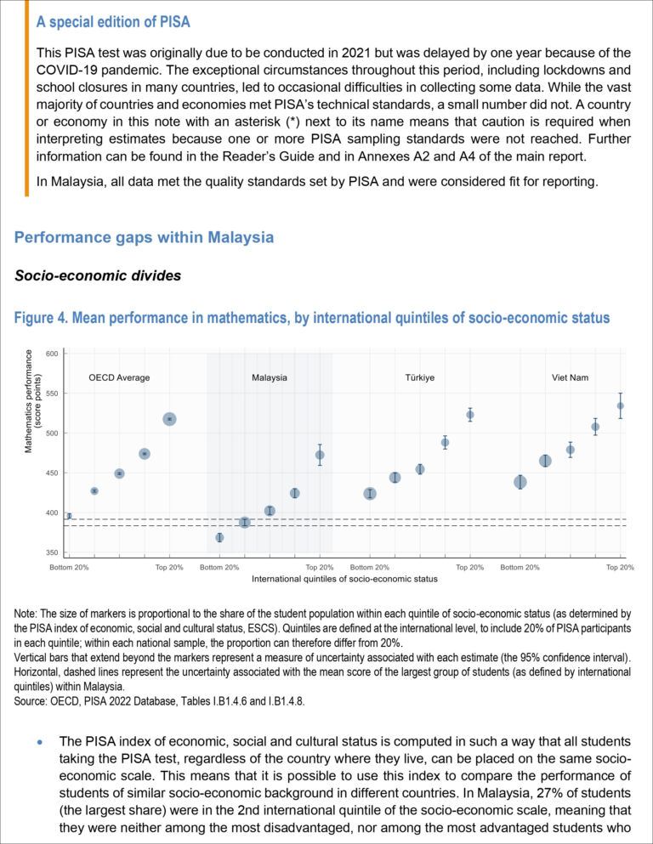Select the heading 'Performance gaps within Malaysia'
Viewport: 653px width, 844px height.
pyautogui.click(x=144, y=238)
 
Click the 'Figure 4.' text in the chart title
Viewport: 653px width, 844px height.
pyautogui.click(x=40, y=319)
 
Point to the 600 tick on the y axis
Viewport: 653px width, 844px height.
pyautogui.click(x=53, y=354)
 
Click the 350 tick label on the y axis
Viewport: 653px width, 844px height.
pyautogui.click(x=53, y=552)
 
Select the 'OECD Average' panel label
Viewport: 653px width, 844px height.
pyautogui.click(x=119, y=377)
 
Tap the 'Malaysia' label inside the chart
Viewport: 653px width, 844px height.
pyautogui.click(x=269, y=377)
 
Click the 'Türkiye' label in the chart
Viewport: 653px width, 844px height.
pyautogui.click(x=420, y=377)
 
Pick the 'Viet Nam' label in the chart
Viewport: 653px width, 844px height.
pyautogui.click(x=570, y=377)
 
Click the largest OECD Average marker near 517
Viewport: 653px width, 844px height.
pyautogui.click(x=169, y=419)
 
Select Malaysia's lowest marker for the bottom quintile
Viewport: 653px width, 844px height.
pyautogui.click(x=219, y=538)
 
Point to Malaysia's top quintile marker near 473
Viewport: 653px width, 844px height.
pyautogui.click(x=320, y=455)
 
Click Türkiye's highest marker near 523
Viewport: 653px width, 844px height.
pyautogui.click(x=470, y=415)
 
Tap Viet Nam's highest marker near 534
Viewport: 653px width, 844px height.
pyautogui.click(x=621, y=405)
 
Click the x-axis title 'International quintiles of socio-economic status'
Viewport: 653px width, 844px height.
pyautogui.click(x=344, y=579)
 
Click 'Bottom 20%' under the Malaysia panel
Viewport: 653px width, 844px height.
pyautogui.click(x=219, y=567)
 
